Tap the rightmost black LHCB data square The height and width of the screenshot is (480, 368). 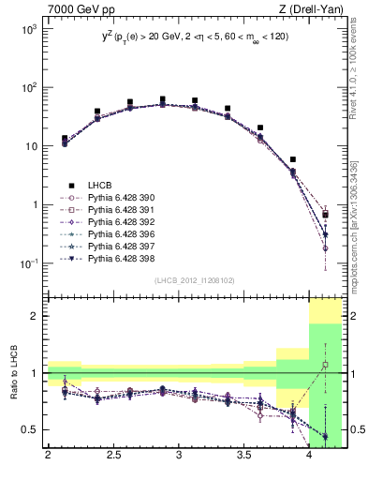[325, 215]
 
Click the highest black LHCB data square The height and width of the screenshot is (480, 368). [162, 99]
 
